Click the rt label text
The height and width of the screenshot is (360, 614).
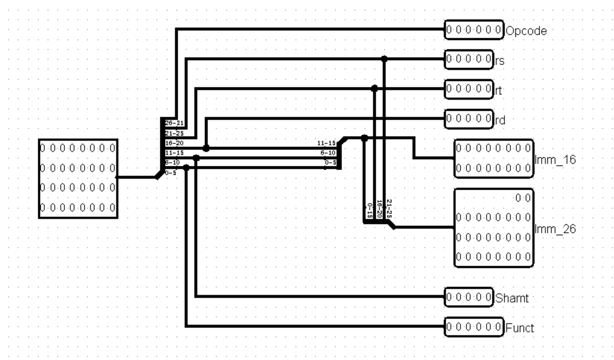(x=499, y=90)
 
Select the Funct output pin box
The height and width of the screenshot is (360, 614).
(x=474, y=327)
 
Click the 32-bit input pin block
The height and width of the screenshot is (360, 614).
(x=78, y=178)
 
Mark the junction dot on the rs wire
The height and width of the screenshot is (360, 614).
(x=384, y=59)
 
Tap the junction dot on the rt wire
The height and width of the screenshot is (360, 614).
(x=375, y=88)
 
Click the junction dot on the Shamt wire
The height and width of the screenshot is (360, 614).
(x=196, y=158)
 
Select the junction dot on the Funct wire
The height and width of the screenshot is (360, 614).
(x=186, y=168)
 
